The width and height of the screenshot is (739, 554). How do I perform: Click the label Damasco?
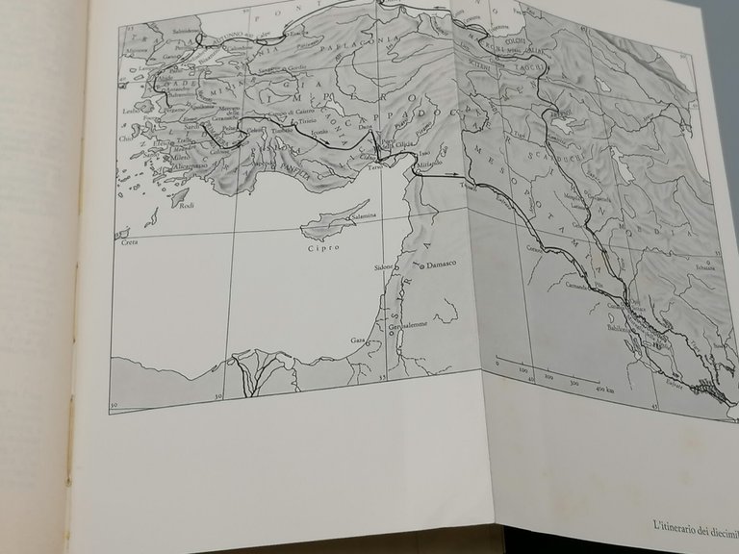(445, 262)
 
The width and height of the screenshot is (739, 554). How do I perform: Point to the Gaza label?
(358, 340)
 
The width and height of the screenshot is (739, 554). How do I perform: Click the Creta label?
(127, 242)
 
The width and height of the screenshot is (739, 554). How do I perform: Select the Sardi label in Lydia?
(193, 124)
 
